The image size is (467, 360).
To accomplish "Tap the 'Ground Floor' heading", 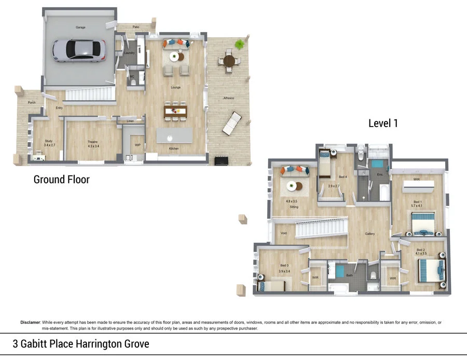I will tap(61, 180).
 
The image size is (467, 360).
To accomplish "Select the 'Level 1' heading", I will tap(383, 123).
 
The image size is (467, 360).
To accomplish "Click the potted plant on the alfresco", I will tap(240, 45).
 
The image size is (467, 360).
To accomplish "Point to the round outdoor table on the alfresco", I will tap(229, 61).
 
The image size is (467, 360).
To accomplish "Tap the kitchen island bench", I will tap(174, 135).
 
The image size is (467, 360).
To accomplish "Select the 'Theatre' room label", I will tap(92, 142).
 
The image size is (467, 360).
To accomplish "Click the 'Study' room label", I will tap(48, 141).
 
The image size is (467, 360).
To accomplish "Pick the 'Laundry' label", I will tap(130, 53).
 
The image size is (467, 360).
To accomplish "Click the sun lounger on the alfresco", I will tap(231, 123).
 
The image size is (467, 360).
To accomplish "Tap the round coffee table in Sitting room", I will tap(294, 186).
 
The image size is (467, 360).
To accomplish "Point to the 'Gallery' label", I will tap(369, 234).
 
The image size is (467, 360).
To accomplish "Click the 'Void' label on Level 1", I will tap(283, 233).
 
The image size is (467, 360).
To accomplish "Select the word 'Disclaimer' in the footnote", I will tap(30, 322).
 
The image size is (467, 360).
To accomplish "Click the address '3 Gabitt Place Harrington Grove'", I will tap(81, 344).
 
